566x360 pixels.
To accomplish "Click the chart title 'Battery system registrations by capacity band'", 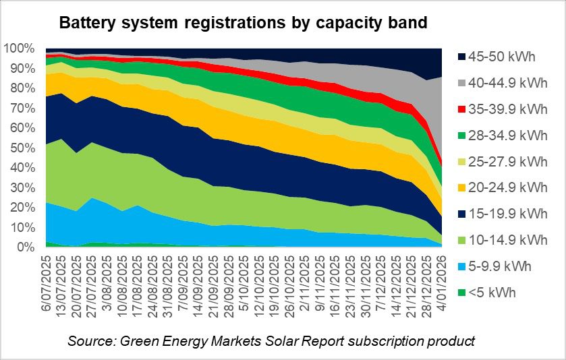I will (x=243, y=23).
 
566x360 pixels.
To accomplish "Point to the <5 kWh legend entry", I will (x=494, y=292).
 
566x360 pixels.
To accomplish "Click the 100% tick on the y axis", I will (x=21, y=49).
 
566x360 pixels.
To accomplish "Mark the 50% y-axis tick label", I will (x=24, y=148).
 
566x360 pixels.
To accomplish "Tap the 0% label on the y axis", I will (x=26, y=247).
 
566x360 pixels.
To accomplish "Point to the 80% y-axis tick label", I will (x=24, y=88).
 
